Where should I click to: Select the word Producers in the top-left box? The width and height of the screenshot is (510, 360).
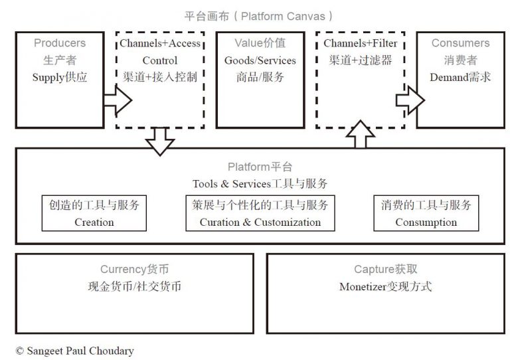click(x=60, y=43)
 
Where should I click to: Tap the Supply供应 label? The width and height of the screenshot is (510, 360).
click(x=60, y=77)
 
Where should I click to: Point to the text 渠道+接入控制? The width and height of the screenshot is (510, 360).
click(x=160, y=77)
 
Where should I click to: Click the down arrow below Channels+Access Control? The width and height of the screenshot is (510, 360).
click(x=159, y=141)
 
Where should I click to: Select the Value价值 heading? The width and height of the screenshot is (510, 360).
click(x=260, y=43)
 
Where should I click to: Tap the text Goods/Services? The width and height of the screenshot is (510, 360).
click(x=260, y=60)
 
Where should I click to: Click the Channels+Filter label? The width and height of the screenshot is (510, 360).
click(x=360, y=43)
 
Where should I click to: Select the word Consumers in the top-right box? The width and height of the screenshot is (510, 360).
click(x=460, y=43)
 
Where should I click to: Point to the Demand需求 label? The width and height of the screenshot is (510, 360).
click(x=460, y=77)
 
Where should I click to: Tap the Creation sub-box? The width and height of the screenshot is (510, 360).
click(x=94, y=213)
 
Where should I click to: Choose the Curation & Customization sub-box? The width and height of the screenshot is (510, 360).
click(x=260, y=213)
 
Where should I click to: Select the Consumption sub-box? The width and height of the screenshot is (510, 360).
click(x=426, y=213)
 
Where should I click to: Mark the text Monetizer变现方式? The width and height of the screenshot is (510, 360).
click(x=385, y=287)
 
